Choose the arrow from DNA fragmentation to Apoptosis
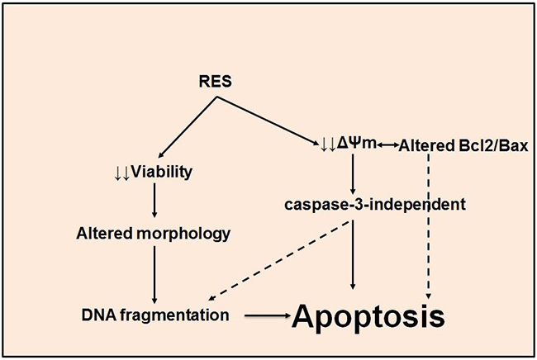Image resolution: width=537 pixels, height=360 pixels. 265,315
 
